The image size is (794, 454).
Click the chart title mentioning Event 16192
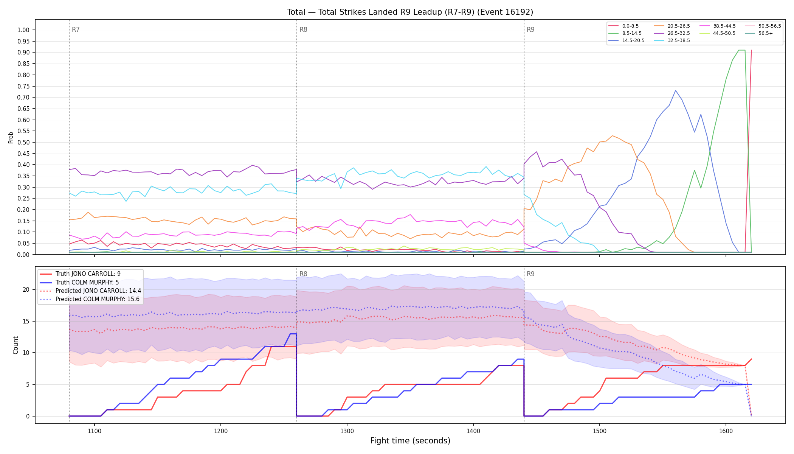click(x=410, y=12)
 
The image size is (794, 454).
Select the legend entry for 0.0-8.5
click(x=623, y=26)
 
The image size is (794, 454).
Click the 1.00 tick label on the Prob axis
click(x=23, y=30)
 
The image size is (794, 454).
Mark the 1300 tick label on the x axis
click(x=347, y=431)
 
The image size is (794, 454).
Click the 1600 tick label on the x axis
click(x=726, y=431)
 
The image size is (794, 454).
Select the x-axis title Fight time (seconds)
click(x=410, y=441)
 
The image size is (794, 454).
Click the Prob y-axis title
click(x=11, y=137)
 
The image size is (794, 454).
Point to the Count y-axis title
click(x=16, y=345)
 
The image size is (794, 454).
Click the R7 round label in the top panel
click(x=76, y=30)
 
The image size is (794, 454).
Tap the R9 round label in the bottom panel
click(x=530, y=274)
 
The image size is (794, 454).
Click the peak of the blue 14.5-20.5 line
click(x=675, y=90)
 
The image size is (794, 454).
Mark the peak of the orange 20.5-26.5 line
click(x=612, y=135)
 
